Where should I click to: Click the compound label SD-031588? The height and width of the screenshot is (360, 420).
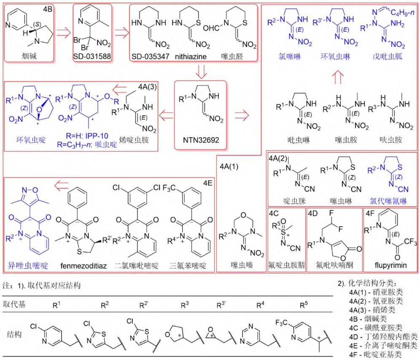point(92,56)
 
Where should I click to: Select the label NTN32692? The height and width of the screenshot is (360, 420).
point(201,140)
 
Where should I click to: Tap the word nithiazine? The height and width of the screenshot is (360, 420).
point(191,56)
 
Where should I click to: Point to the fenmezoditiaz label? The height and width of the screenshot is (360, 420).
point(83,265)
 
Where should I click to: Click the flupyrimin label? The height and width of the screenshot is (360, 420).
point(390,265)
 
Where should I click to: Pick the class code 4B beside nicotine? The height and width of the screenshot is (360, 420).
point(48,9)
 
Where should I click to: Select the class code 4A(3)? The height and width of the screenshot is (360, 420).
point(147,87)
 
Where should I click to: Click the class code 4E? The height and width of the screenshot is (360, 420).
point(207,183)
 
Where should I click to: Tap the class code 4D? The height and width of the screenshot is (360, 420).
point(312,214)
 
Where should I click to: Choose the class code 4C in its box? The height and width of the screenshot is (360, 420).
point(274,214)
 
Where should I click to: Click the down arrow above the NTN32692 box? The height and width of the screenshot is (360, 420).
point(201,71)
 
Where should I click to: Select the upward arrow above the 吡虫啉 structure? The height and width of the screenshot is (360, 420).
point(337,78)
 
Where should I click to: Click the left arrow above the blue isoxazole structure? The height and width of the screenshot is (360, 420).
point(61,186)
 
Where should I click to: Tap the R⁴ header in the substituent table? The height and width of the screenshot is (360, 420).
point(260,305)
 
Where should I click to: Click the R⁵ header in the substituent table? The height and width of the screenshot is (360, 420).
point(304,305)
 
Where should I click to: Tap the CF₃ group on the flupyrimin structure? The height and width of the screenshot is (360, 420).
point(410,242)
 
